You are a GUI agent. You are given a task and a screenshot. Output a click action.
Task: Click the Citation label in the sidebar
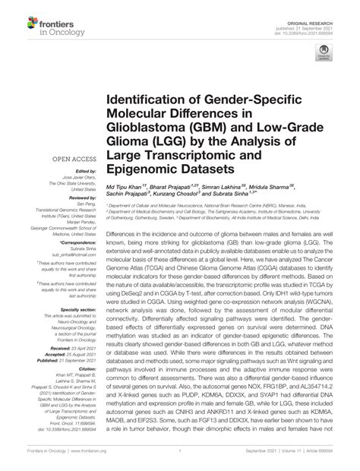click(x=84, y=378)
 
